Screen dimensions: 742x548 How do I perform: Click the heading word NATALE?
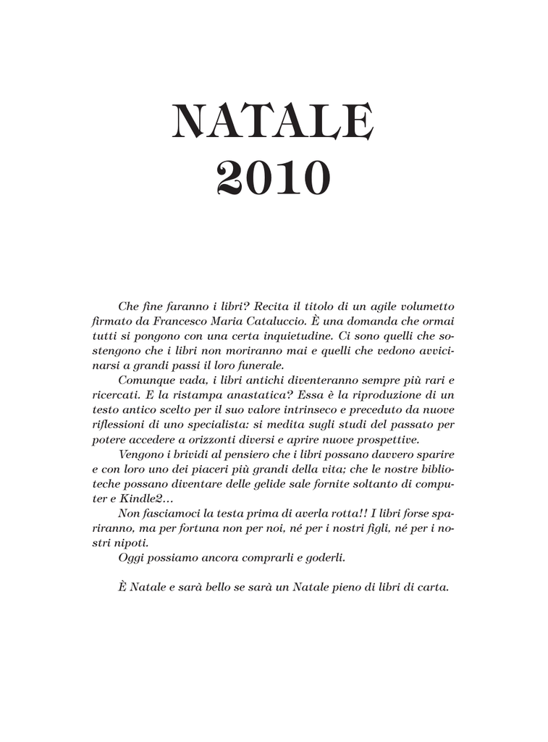(273, 123)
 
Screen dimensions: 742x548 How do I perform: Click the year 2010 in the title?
(273, 180)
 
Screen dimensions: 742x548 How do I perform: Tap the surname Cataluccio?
(282, 321)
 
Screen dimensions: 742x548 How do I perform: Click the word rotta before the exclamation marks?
(330, 513)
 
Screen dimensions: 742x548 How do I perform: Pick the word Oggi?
(130, 557)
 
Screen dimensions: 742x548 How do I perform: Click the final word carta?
(433, 587)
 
